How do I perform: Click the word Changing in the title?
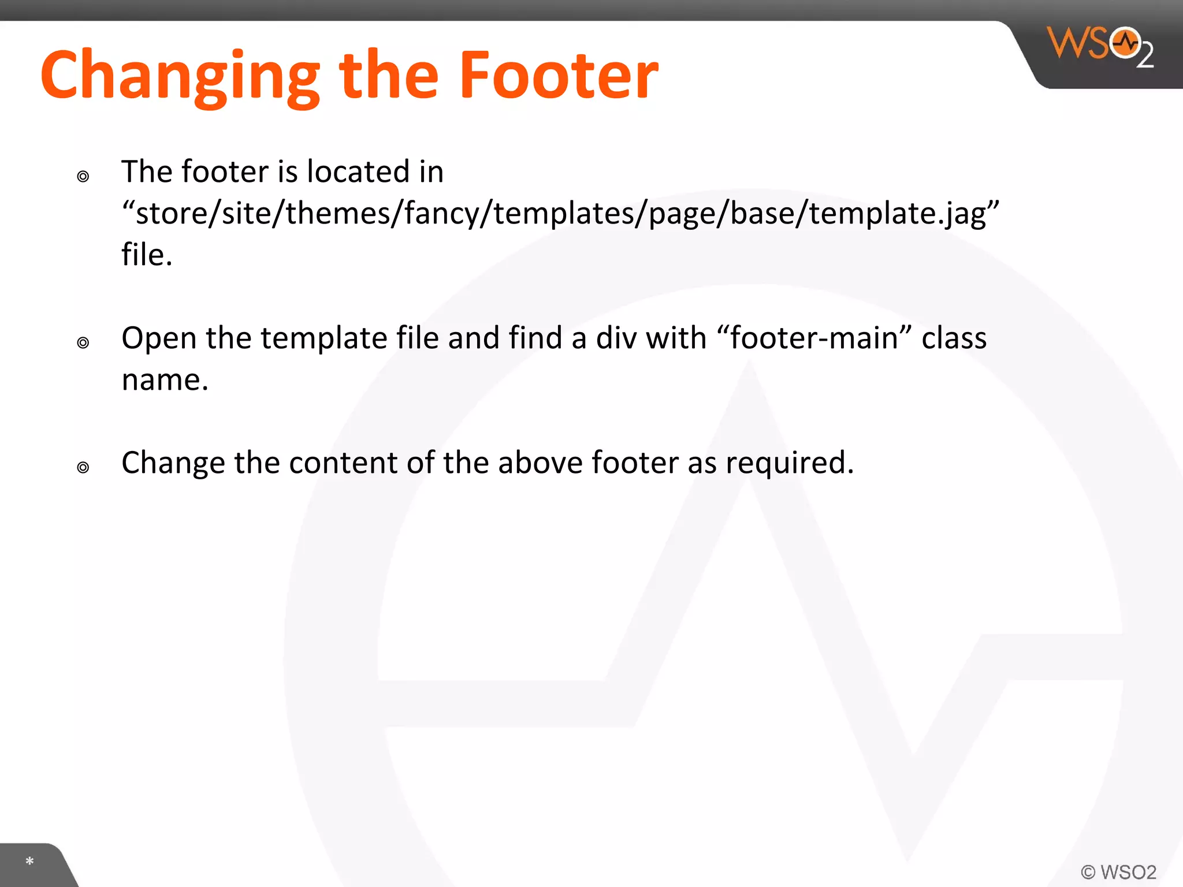(180, 76)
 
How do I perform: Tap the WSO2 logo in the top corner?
(1100, 46)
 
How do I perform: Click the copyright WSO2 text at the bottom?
(1118, 871)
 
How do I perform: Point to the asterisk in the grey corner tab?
(30, 862)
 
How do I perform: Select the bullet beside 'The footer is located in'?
(83, 176)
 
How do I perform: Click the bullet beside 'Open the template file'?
(83, 342)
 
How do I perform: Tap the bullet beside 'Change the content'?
(83, 467)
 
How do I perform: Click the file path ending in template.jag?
(560, 213)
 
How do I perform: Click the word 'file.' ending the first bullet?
(147, 255)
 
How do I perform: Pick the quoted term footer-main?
(814, 338)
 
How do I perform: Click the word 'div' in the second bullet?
(616, 338)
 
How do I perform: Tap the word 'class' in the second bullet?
(954, 338)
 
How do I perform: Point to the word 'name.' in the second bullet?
(165, 380)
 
